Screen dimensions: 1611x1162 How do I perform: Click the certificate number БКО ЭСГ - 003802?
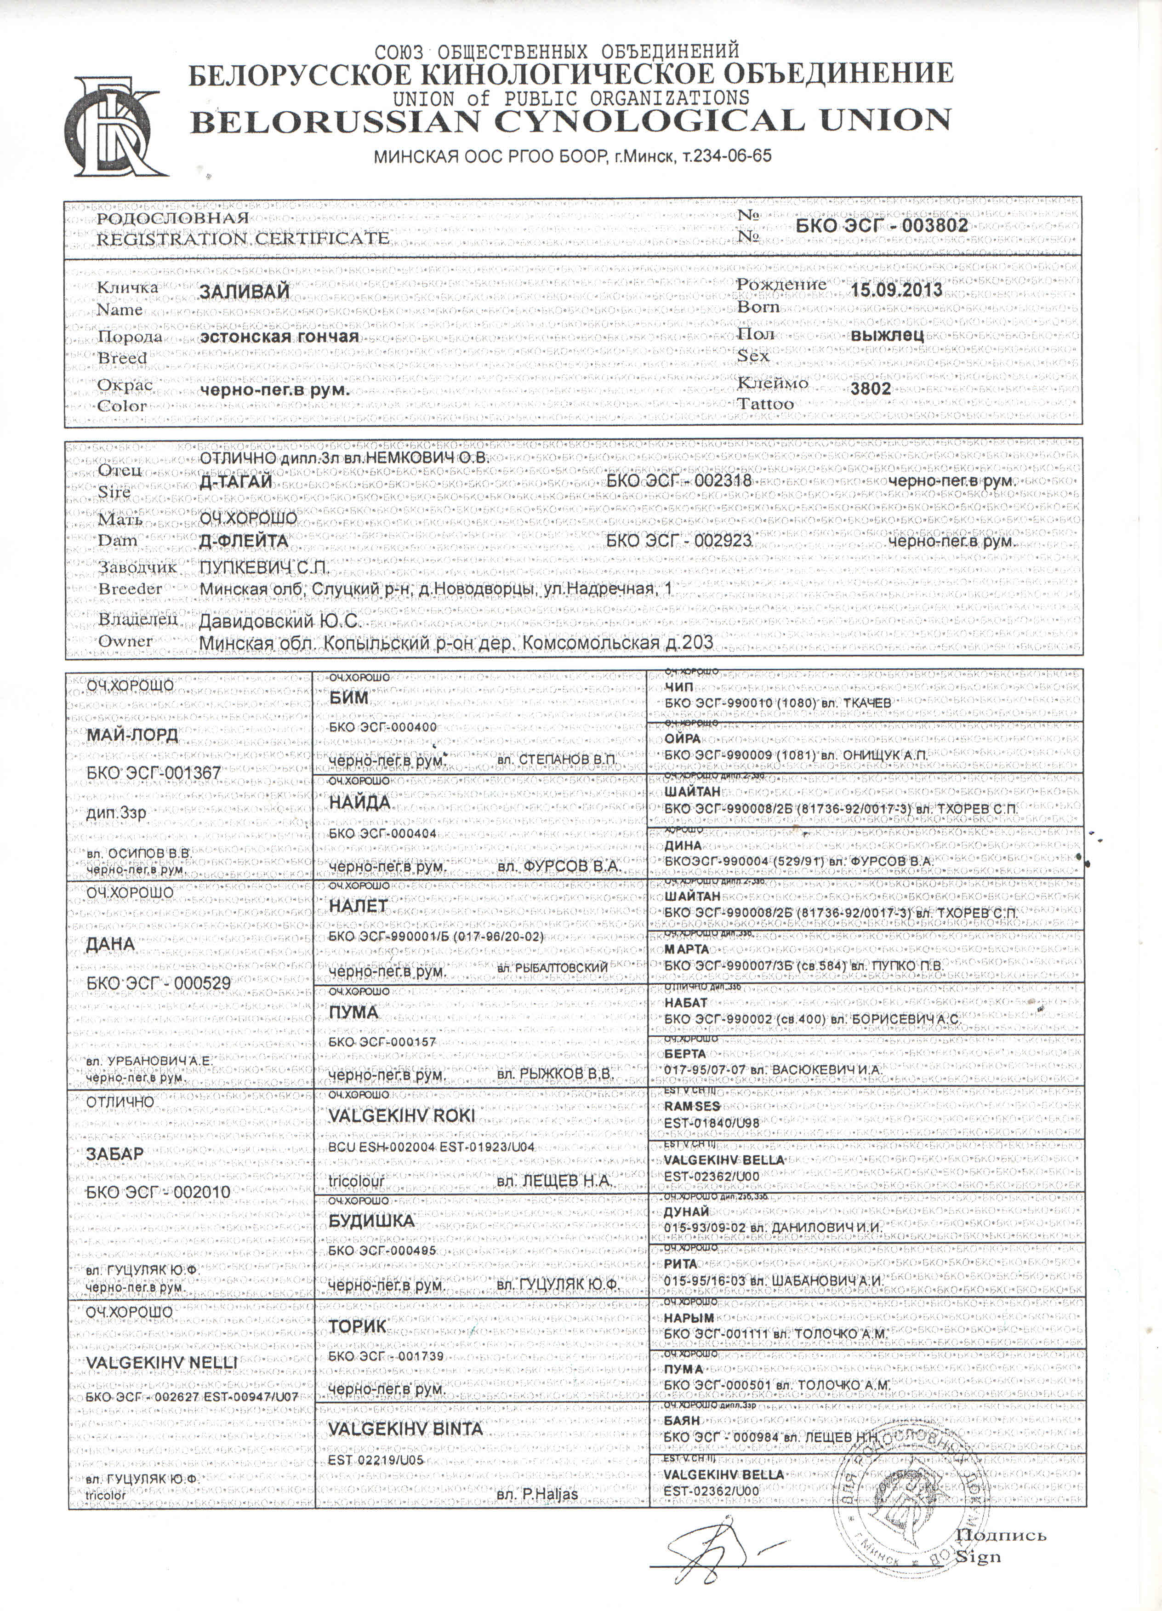pos(882,226)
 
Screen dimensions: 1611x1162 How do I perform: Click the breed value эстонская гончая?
pos(279,337)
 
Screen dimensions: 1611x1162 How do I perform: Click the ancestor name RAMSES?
pos(693,1107)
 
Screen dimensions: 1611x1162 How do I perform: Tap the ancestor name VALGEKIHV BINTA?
pos(405,1428)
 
